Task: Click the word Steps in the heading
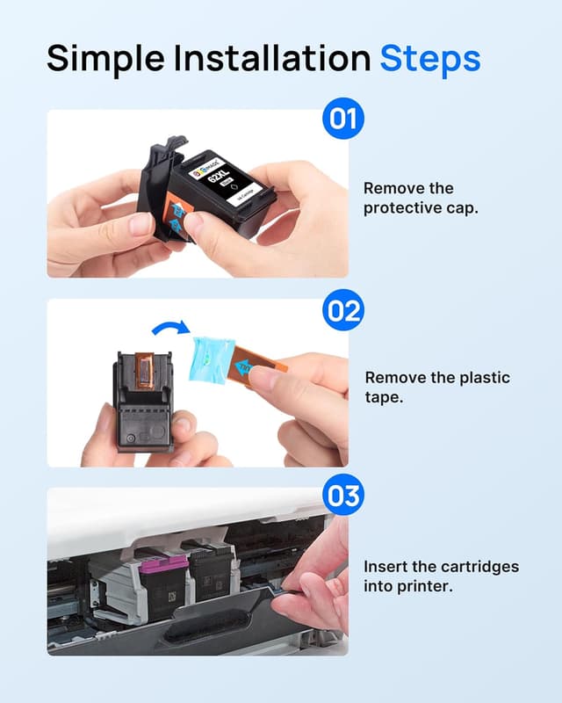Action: [429, 58]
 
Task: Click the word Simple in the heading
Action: [104, 58]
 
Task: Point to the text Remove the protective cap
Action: [421, 199]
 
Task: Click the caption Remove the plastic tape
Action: [436, 388]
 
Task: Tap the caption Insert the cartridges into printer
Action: [441, 576]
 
